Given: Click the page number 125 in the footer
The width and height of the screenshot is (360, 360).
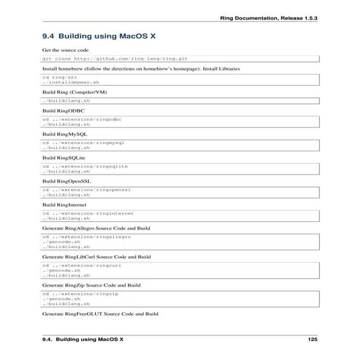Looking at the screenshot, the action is (x=313, y=339).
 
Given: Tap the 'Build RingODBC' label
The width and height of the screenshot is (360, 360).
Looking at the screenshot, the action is (x=64, y=111).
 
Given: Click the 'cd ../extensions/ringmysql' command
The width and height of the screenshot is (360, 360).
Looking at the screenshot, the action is (x=84, y=143).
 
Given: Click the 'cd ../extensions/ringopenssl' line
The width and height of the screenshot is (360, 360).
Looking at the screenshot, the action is (x=87, y=189).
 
